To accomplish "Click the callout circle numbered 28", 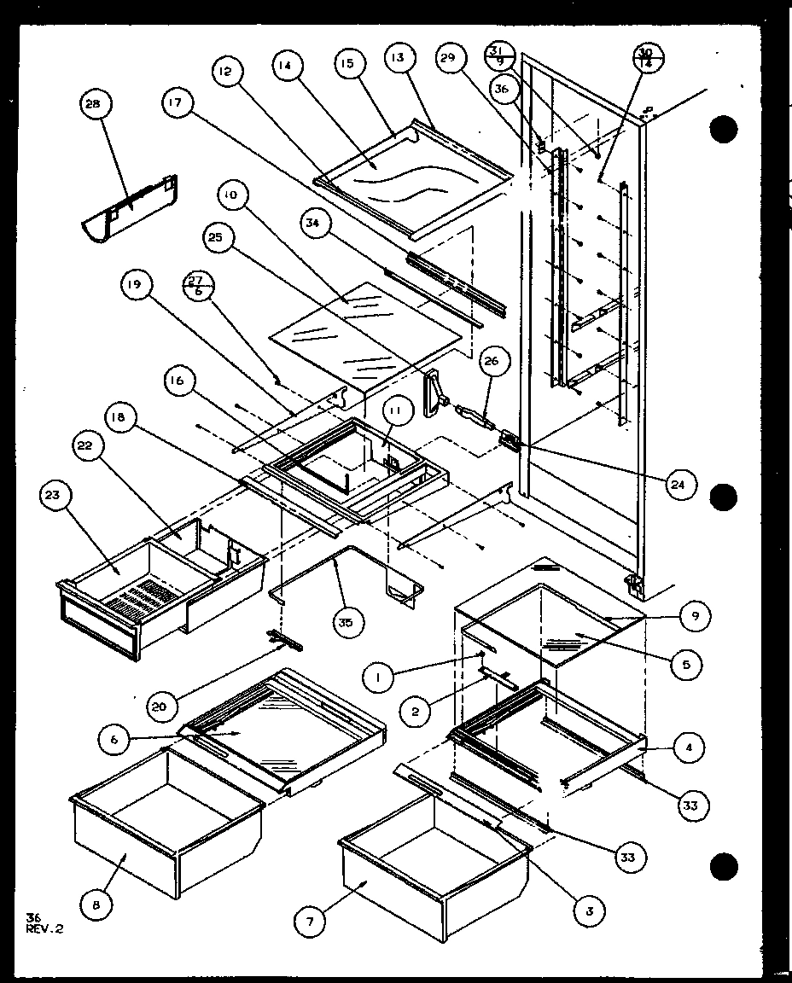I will (x=92, y=105).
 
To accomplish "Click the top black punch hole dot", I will (x=723, y=129).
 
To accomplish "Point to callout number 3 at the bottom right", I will (x=589, y=910).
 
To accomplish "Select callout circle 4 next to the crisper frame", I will (x=689, y=749).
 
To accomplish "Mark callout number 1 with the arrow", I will (x=376, y=678).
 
